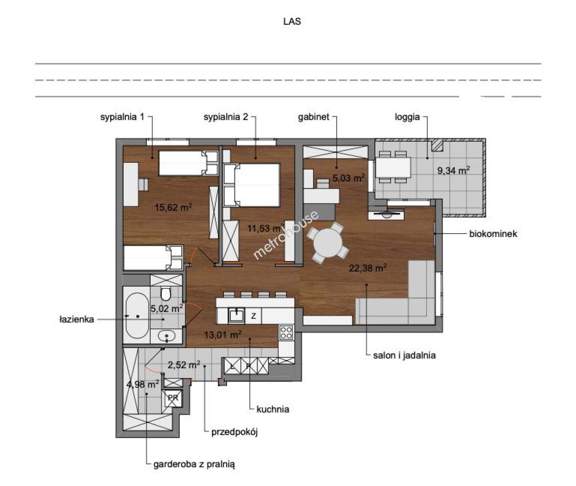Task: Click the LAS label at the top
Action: (292, 22)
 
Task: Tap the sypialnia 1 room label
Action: (122, 117)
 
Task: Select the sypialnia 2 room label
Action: (226, 117)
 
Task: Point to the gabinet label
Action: (313, 117)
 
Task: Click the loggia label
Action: (407, 117)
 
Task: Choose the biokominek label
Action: (493, 234)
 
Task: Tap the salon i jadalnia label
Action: (404, 355)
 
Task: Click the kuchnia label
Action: (273, 409)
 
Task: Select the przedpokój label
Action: (234, 432)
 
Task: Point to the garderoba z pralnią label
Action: (194, 464)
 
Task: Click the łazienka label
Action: (77, 319)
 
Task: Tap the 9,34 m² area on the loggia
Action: (454, 171)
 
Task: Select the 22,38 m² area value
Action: (368, 268)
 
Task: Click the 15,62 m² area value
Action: (173, 207)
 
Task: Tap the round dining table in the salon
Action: (328, 243)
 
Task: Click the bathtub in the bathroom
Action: (137, 315)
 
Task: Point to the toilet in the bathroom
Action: (165, 294)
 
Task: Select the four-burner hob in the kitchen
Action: (286, 333)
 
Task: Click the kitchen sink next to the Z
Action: (236, 315)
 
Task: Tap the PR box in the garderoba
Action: (173, 398)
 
